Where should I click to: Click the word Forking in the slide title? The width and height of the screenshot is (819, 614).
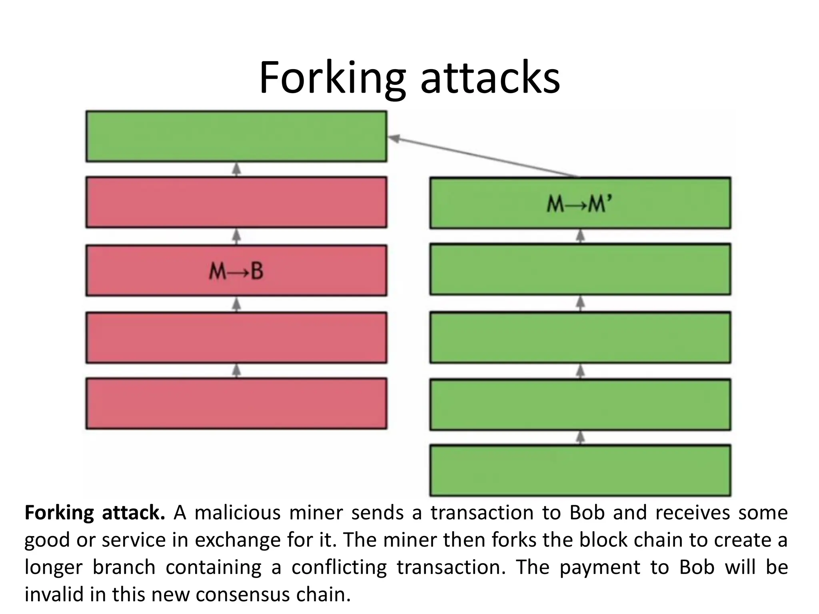(x=332, y=78)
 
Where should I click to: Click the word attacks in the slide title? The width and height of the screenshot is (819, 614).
(x=490, y=78)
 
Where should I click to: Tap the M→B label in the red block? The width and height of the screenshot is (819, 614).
(x=236, y=271)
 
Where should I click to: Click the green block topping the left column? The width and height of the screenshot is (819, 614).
(x=236, y=136)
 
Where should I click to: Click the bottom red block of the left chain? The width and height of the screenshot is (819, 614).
(x=236, y=403)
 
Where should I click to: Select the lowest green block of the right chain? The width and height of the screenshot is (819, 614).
(x=580, y=470)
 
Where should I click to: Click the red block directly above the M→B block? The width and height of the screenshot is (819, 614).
(x=236, y=202)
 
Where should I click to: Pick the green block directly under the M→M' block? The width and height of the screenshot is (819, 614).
(x=580, y=269)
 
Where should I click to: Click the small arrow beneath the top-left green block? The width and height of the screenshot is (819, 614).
(x=237, y=169)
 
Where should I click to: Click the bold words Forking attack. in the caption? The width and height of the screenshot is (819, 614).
(x=95, y=513)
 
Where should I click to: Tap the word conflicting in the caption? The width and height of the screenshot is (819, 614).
(x=339, y=567)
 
